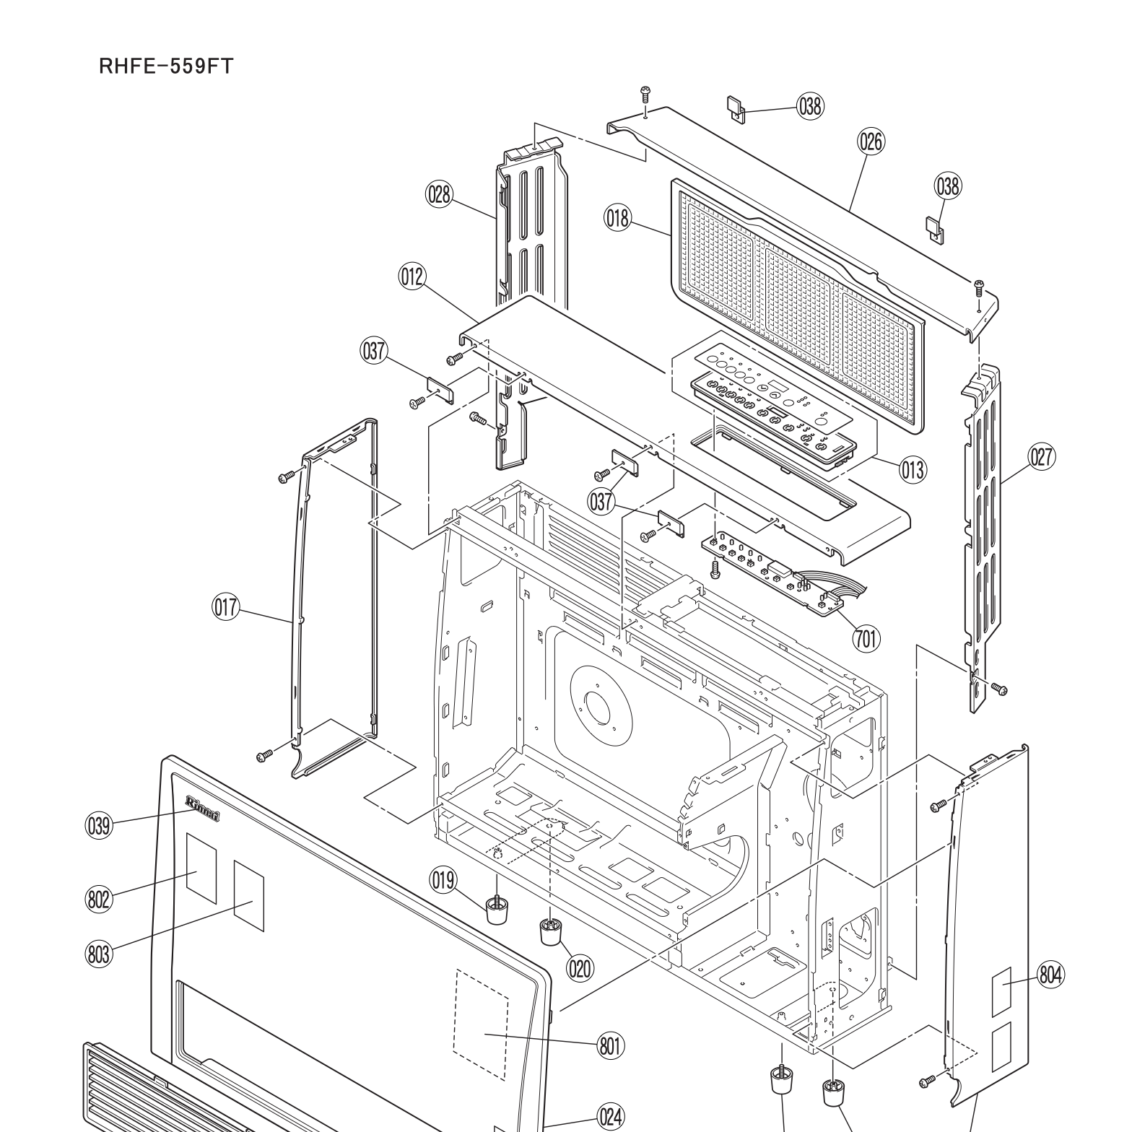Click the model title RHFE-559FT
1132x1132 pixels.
[x=166, y=66]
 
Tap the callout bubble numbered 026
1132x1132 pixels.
[x=871, y=141]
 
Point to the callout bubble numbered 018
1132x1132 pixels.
[x=618, y=217]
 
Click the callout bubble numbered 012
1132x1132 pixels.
[x=412, y=277]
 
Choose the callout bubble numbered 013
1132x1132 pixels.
[x=913, y=470]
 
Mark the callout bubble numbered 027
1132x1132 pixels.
[x=1042, y=457]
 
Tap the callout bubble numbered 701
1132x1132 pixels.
[x=866, y=637]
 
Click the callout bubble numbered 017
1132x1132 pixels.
[x=225, y=607]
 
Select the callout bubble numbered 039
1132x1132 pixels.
[x=99, y=825]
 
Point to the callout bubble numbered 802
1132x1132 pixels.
[x=99, y=900]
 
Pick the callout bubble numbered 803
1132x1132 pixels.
[x=99, y=954]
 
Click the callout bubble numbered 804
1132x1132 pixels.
[x=1050, y=975]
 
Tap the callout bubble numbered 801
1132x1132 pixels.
[x=611, y=1045]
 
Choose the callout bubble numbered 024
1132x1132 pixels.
[x=611, y=1117]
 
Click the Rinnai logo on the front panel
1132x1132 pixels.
[x=203, y=808]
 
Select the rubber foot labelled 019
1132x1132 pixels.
[x=495, y=911]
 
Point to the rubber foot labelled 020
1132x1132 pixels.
[x=550, y=932]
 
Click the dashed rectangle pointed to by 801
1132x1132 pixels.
[x=482, y=1024]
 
